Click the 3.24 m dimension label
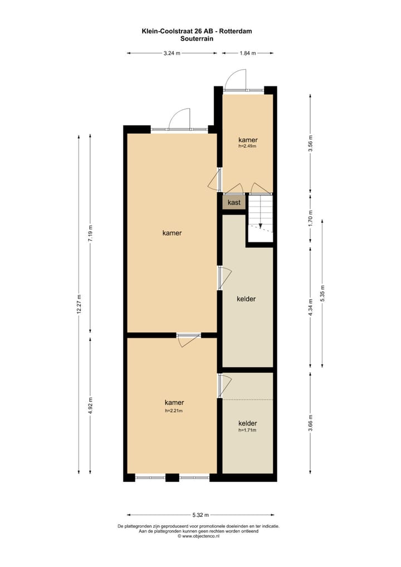(172, 53)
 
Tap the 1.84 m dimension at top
(247, 53)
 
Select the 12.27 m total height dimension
(79, 304)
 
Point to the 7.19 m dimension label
(91, 232)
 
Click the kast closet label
(234, 202)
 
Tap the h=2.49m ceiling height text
(248, 146)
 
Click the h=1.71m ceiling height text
(248, 431)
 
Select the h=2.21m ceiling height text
(174, 410)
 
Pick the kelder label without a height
(246, 299)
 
